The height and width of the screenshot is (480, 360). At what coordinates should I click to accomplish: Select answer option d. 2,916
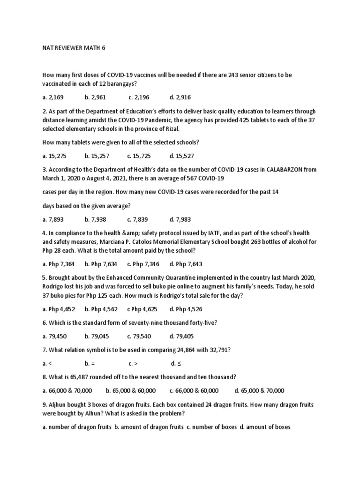pos(180,97)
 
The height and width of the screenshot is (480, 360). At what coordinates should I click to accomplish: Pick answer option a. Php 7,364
pos(58,264)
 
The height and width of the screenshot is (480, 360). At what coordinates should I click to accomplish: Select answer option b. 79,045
pos(97,337)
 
